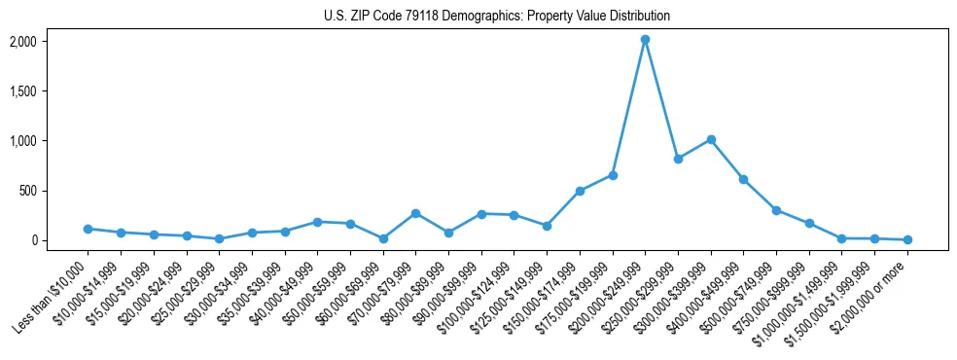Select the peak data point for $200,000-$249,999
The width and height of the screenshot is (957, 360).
pos(645,40)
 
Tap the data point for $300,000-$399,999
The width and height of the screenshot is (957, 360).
pos(711,140)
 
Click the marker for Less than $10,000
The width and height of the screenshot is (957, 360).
pos(88,229)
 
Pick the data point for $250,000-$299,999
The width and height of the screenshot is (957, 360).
pos(678,159)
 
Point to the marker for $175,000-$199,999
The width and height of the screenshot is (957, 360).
pos(613,175)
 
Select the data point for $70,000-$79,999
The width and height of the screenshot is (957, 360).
pos(415,213)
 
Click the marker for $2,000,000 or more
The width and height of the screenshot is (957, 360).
pos(907,239)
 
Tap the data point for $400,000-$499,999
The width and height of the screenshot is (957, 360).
pos(743,179)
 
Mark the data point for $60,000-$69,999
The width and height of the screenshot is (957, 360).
pos(383,238)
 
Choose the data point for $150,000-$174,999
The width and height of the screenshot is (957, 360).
pos(580,191)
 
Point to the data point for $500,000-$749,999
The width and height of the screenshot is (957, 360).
pos(776,210)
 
